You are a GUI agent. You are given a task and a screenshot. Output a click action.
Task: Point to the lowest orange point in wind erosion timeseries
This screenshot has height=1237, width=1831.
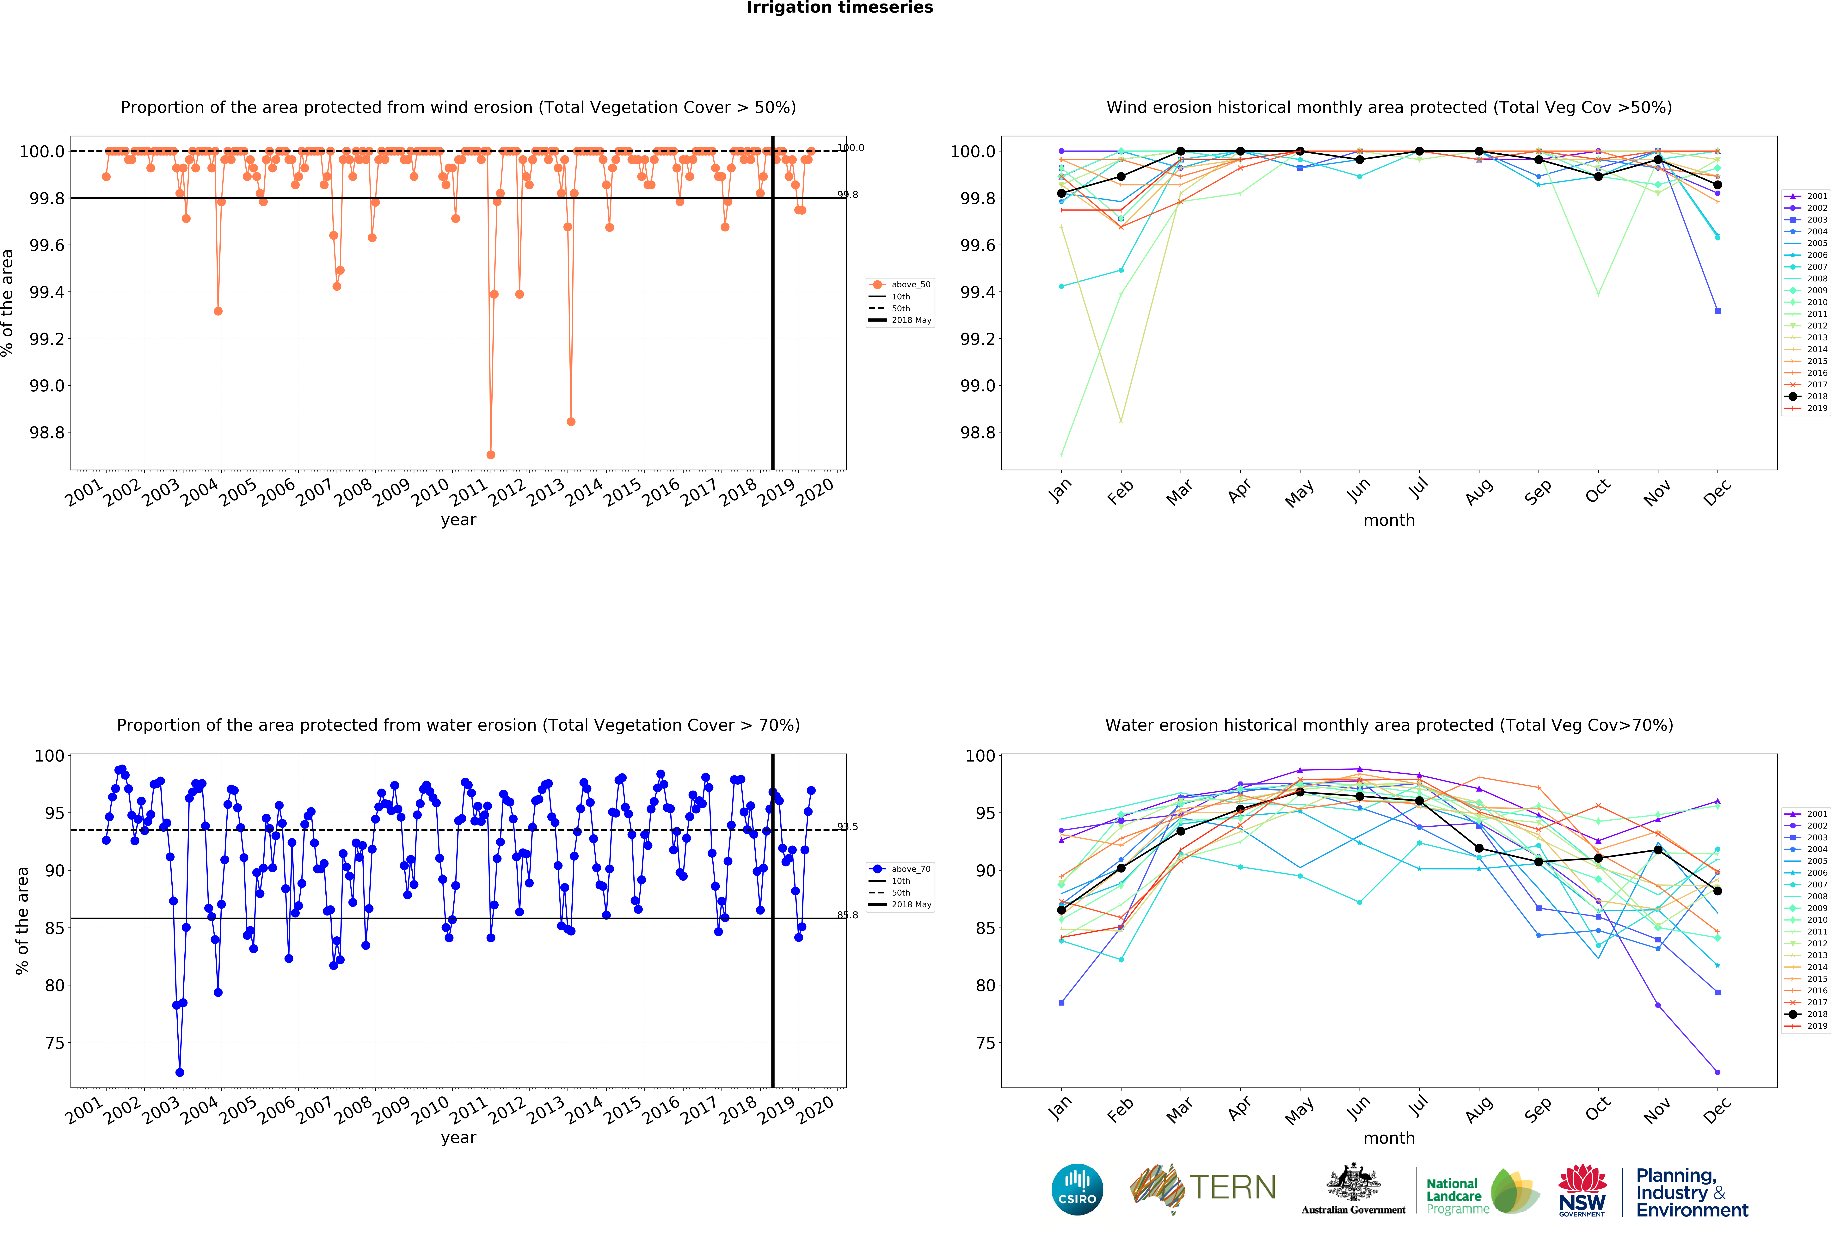click(x=491, y=455)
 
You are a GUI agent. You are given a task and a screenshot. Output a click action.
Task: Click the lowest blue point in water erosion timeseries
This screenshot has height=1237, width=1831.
click(x=180, y=1072)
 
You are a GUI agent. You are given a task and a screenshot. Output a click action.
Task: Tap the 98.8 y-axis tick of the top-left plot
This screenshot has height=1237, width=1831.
click(x=47, y=432)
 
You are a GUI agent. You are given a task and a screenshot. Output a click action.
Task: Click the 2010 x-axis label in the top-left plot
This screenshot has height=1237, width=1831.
click(x=430, y=493)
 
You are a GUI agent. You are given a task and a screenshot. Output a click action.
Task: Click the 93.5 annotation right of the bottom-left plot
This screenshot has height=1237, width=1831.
click(x=848, y=826)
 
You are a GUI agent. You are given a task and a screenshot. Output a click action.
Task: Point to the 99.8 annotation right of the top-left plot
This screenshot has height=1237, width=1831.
click(x=848, y=195)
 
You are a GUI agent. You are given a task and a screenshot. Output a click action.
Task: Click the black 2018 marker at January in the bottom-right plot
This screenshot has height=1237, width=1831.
click(x=1061, y=910)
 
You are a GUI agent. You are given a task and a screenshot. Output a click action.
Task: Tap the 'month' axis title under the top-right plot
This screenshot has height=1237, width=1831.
click(x=1389, y=520)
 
